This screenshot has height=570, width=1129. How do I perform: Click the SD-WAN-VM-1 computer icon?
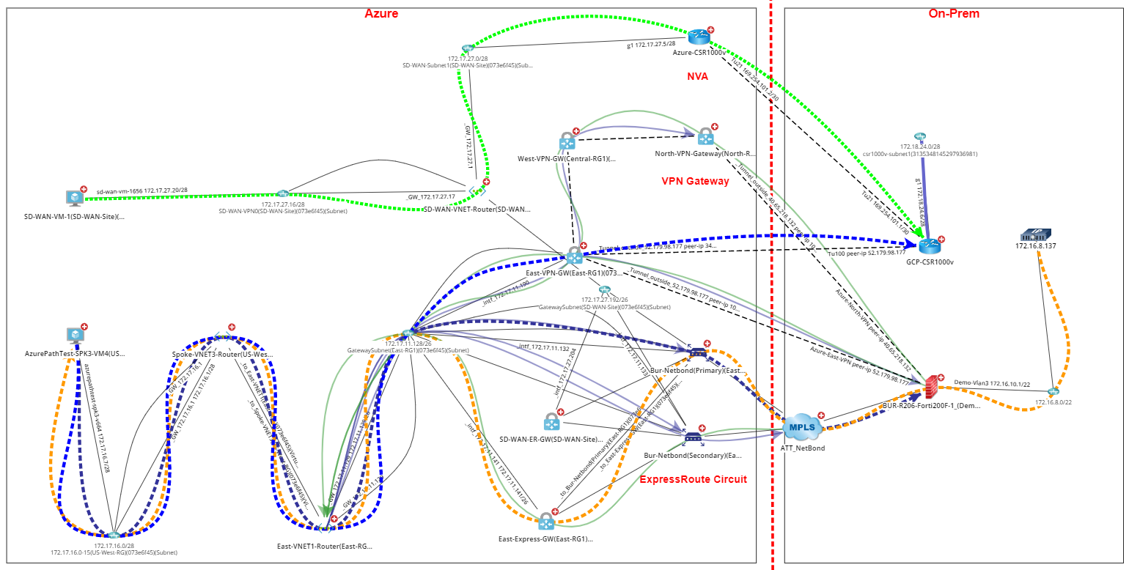point(74,198)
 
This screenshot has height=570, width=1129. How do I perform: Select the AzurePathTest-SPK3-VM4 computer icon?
point(75,336)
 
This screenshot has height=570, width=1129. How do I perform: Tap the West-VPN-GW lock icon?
point(567,141)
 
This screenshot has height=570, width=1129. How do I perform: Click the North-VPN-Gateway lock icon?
point(705,136)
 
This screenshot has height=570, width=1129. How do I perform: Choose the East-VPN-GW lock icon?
point(573,255)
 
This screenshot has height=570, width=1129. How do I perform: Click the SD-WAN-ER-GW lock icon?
point(551,422)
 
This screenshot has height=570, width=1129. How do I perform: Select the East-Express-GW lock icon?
point(545,522)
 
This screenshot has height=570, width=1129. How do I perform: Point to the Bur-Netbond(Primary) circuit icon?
point(697,352)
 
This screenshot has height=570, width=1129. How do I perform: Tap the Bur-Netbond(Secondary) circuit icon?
point(692,437)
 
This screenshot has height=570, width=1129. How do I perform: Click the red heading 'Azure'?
point(381,13)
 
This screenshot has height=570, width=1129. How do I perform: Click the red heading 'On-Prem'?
point(953,13)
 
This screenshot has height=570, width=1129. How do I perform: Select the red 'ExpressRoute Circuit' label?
point(693,479)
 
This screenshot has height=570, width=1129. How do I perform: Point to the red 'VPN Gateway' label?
point(695,181)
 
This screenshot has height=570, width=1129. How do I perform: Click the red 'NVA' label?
point(697,76)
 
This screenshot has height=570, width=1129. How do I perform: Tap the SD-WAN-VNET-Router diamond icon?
point(477,190)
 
